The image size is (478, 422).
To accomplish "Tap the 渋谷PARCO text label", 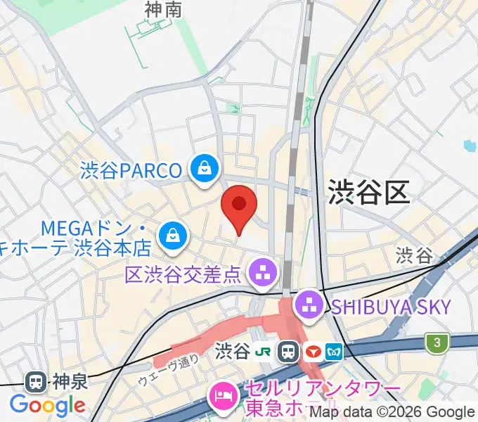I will coord(131,170).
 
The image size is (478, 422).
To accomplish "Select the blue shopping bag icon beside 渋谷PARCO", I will coord(204,169).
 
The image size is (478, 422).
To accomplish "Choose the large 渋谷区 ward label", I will coord(368,191).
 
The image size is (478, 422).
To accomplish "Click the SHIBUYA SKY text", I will coord(390,306).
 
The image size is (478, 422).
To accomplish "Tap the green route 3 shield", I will coord(437,343).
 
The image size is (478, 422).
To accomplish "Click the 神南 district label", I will coord(163,9).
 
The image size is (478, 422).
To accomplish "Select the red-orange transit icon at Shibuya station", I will coord(311,351).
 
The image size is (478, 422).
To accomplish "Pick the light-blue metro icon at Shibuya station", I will coord(333,351).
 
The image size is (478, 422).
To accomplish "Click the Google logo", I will coord(48,405).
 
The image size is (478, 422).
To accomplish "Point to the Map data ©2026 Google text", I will coord(392,412).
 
